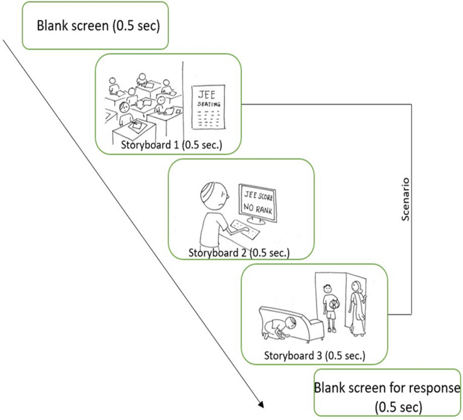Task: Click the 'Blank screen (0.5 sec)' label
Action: (x=98, y=26)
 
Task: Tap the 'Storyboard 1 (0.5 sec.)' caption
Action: (x=171, y=145)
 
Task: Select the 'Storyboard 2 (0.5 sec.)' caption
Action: (x=239, y=253)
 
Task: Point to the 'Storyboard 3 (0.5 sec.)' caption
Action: (x=314, y=356)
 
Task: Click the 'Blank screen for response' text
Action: (x=387, y=388)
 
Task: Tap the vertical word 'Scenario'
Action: (x=405, y=199)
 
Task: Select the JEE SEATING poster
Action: (x=208, y=107)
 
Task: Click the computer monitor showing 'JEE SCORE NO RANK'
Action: (x=258, y=203)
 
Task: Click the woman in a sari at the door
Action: (x=357, y=308)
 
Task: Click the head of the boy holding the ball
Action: (x=327, y=289)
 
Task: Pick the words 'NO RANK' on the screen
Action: (x=258, y=208)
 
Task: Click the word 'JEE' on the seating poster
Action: (x=206, y=94)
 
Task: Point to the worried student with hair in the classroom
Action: (x=124, y=108)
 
